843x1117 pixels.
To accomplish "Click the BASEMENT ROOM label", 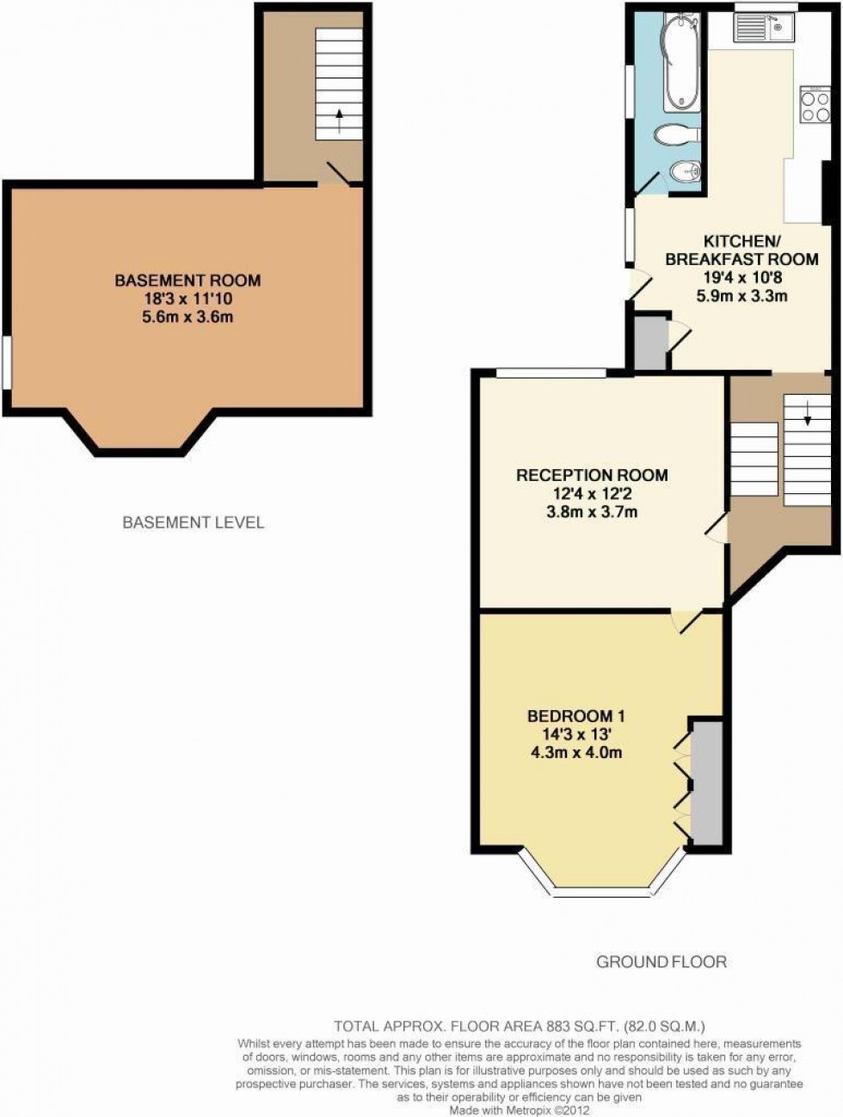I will (188, 280).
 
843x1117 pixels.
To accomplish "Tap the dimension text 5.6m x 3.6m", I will (188, 317).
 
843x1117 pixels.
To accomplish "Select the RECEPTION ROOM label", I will (592, 475).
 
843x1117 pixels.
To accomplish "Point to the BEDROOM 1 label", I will (575, 716).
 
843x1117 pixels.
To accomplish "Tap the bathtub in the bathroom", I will (682, 65).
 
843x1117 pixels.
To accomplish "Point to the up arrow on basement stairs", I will (340, 120).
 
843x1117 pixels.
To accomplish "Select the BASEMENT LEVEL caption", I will (194, 522).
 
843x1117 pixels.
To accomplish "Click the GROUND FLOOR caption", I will (661, 961).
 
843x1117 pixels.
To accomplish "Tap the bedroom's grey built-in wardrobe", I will (708, 782).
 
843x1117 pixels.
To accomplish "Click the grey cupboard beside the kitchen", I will (649, 343).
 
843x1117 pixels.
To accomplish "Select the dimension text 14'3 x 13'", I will (575, 734).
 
